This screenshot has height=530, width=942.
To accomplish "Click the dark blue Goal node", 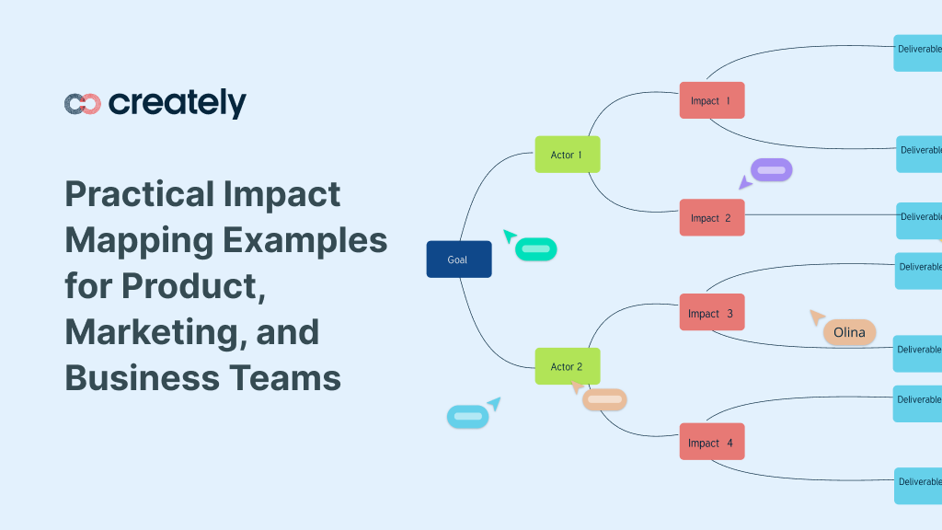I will point(458,259).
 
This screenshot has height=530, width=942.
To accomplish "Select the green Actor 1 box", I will point(567,155).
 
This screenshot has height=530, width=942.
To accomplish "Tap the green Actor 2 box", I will point(567,366).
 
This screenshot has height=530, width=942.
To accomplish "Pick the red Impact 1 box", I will point(711,100).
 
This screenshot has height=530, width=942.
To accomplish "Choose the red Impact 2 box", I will point(711,218).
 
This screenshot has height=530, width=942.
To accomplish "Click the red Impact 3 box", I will point(711,313).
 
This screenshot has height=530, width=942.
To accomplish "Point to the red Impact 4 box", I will point(711,443).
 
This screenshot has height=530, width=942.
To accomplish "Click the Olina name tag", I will point(849,332).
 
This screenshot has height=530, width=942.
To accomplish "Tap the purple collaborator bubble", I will point(771,169).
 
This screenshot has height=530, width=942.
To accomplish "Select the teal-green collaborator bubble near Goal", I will point(536,248).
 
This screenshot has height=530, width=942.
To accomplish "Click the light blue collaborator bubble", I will point(468,417).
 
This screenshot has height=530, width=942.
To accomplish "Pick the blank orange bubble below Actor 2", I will point(604,399).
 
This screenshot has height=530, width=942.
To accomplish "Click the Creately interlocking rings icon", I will point(82,104).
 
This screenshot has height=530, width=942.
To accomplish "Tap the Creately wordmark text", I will point(177,103).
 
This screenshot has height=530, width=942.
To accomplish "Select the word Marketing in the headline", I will point(145,332).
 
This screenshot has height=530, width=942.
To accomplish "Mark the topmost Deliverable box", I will point(917,52).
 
